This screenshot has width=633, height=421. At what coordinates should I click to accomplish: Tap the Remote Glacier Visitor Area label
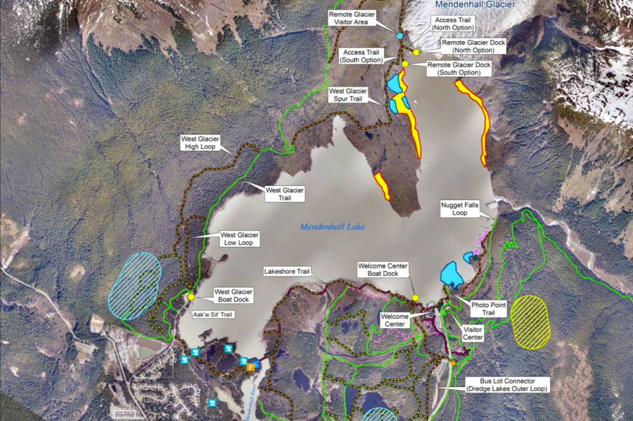click(351, 17)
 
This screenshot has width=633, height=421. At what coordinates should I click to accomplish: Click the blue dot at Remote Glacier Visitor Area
click(400, 36)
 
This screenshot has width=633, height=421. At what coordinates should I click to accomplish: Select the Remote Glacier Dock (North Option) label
click(474, 46)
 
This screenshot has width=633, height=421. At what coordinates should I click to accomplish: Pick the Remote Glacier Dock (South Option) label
click(459, 69)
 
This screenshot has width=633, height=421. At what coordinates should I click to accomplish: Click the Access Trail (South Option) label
click(362, 56)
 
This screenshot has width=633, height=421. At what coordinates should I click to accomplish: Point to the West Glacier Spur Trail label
click(349, 94)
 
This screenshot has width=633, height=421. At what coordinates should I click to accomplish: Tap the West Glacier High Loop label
click(200, 143)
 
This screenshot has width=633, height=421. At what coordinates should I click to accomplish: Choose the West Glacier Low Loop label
click(240, 239)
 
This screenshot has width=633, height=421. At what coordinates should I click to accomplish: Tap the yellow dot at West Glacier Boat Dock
click(192, 297)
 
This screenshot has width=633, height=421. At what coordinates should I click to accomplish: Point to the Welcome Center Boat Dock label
click(383, 270)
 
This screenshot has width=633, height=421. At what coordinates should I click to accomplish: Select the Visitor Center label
click(473, 333)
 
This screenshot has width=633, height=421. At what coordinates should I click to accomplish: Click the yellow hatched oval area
click(531, 322)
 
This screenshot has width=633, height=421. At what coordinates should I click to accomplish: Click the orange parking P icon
click(251, 368)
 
